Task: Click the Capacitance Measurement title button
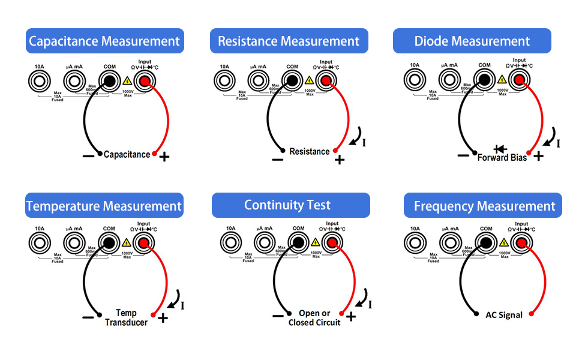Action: (104, 41)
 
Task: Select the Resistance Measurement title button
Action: (289, 41)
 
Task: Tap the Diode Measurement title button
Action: (472, 41)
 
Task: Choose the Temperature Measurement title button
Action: (104, 206)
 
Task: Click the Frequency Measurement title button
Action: (484, 206)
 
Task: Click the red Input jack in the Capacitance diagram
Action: (144, 80)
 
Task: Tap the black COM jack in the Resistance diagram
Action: (292, 80)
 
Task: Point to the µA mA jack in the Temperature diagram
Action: (74, 242)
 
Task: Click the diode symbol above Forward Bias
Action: (499, 149)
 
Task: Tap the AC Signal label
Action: (504, 315)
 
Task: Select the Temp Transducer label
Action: (126, 317)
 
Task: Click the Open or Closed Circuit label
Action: (314, 318)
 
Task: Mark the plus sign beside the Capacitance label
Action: (164, 157)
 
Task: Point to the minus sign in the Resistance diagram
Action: (277, 160)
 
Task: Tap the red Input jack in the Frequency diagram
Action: (522, 242)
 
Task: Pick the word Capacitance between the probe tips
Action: (127, 155)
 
